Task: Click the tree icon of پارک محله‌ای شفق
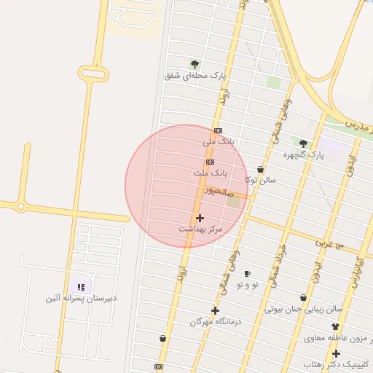(x=195, y=63)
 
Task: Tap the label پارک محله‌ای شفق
(x=196, y=75)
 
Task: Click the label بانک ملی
(x=219, y=141)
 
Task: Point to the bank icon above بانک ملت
(x=210, y=162)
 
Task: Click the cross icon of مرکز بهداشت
(x=200, y=218)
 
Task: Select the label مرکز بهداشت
(x=200, y=229)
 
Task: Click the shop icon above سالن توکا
(x=260, y=169)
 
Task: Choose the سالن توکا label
(x=260, y=180)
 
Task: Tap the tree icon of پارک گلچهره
(x=303, y=143)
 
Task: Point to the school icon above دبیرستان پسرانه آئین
(x=81, y=287)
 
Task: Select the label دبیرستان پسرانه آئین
(x=81, y=298)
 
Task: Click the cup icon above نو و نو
(x=247, y=273)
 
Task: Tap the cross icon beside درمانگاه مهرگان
(x=215, y=310)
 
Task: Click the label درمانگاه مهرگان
(x=216, y=321)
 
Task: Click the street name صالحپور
(x=219, y=192)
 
